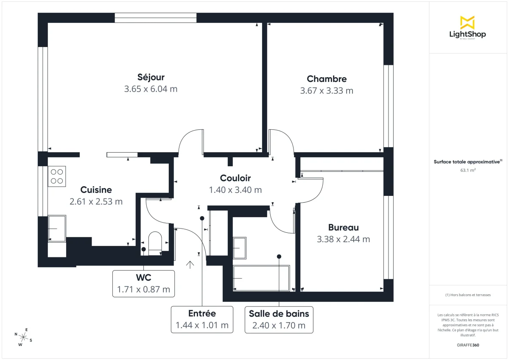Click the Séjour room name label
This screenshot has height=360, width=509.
[x=151, y=77]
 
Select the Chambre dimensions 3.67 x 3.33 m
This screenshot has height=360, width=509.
[x=327, y=91]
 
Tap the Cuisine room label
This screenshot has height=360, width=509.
[x=96, y=190]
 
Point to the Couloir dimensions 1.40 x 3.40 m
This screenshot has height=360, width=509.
[x=235, y=190]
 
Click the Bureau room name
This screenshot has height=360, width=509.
[x=343, y=227]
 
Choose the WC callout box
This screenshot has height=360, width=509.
[x=143, y=283]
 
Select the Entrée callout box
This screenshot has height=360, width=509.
[x=202, y=319]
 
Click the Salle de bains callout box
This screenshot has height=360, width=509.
[x=279, y=319]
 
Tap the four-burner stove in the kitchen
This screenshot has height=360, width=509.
[x=57, y=176]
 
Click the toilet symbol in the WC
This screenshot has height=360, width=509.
[x=155, y=242]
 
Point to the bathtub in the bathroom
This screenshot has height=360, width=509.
[x=261, y=278]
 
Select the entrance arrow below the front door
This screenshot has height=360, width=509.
[x=190, y=265]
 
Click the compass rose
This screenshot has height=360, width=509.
[x=24, y=337]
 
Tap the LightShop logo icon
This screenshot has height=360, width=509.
[x=467, y=23]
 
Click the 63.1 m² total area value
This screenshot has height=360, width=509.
[x=467, y=170]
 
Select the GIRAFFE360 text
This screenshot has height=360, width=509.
[x=467, y=345]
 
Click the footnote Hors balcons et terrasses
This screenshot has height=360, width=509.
[x=467, y=295]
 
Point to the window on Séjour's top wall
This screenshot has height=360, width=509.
[x=156, y=18]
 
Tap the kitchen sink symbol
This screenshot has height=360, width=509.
[x=57, y=229]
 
